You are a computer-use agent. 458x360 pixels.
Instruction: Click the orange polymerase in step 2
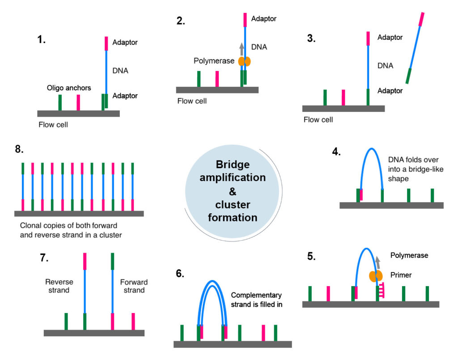pyautogui.click(x=244, y=62)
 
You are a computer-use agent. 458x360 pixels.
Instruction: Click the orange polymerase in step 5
pyautogui.click(x=375, y=276)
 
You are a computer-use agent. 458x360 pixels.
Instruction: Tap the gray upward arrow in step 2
pyautogui.click(x=242, y=48)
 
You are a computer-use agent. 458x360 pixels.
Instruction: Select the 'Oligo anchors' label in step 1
pyautogui.click(x=69, y=88)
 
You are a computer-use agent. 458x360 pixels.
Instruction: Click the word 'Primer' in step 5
pyautogui.click(x=401, y=275)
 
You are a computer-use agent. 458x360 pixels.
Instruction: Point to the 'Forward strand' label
pyautogui.click(x=134, y=286)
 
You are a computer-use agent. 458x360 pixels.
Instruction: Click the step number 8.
pyautogui.click(x=19, y=149)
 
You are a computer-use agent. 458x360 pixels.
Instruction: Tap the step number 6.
pyautogui.click(x=180, y=274)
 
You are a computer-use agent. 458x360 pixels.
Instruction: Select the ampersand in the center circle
pyautogui.click(x=232, y=191)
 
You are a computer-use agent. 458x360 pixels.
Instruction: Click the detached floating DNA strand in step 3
pyautogui.click(x=415, y=47)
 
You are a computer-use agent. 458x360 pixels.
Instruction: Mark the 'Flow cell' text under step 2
pyautogui.click(x=192, y=102)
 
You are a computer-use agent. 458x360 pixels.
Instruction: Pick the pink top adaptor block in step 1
pyautogui.click(x=106, y=43)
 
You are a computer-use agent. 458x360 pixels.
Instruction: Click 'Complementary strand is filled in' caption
pyautogui.click(x=256, y=299)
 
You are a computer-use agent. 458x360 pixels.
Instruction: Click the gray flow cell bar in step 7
pyautogui.click(x=94, y=333)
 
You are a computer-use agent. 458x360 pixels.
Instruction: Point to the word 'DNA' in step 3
pyautogui.click(x=385, y=66)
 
